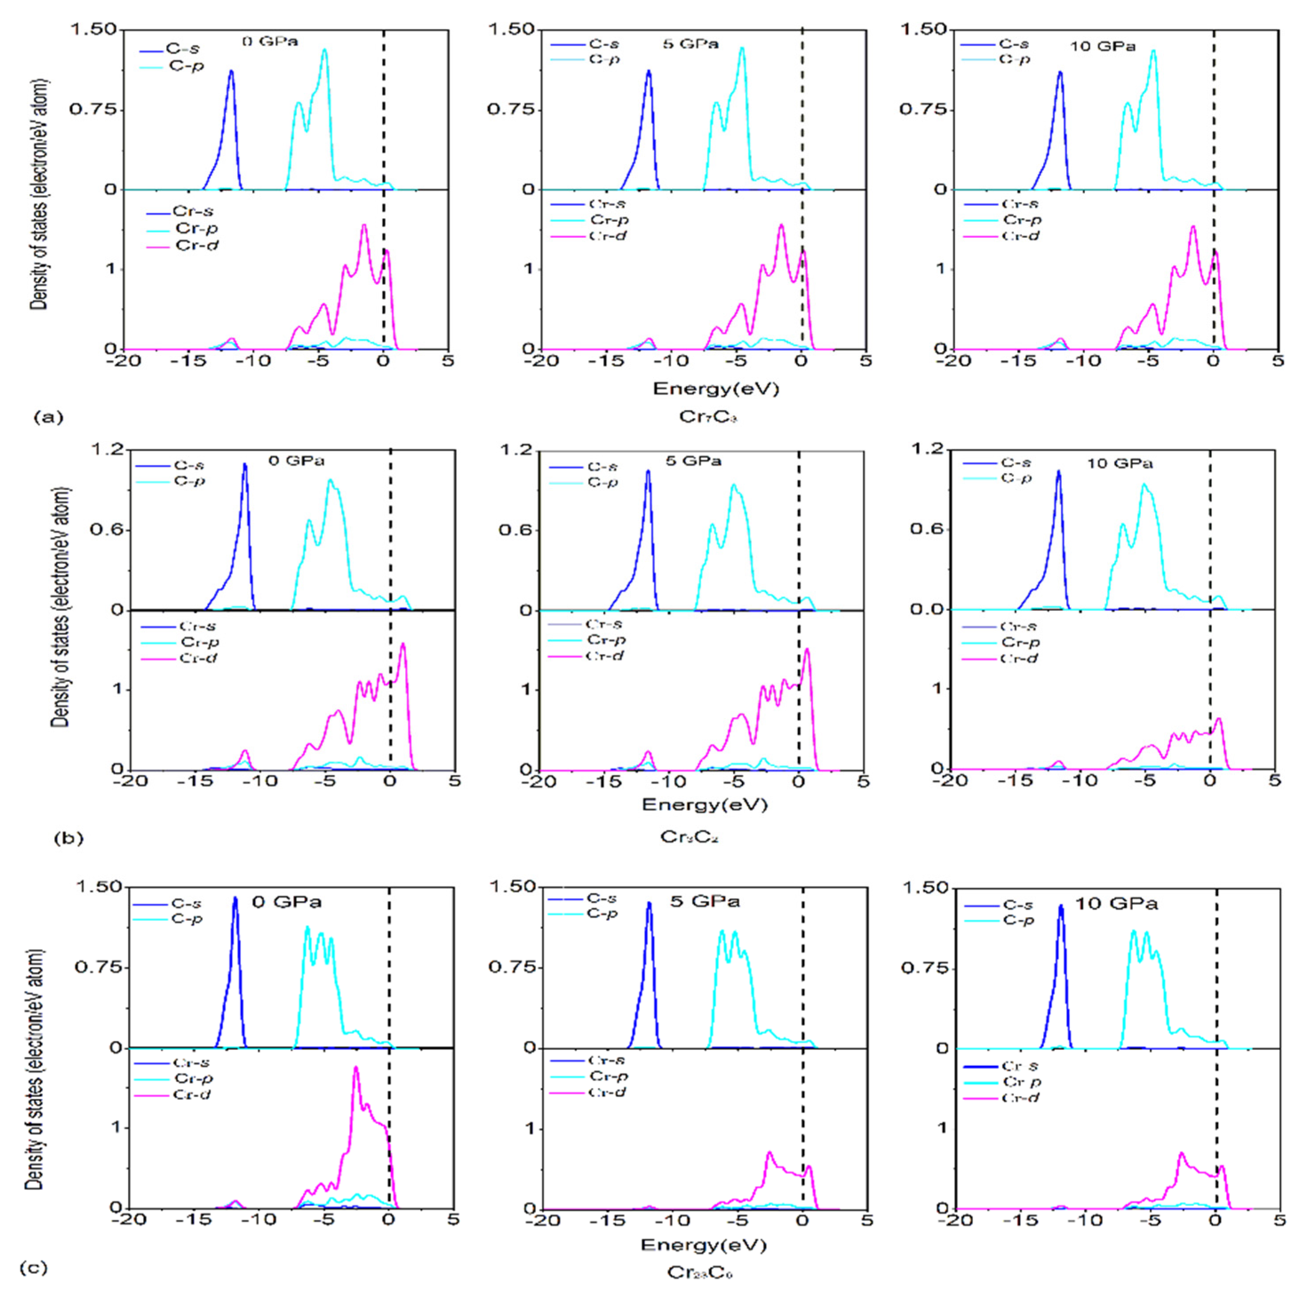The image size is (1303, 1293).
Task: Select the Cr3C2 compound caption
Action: click(689, 837)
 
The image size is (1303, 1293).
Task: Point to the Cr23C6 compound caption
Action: click(700, 1273)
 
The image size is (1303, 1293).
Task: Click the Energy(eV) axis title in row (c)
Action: click(703, 1245)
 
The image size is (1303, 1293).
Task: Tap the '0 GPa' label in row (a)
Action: click(270, 41)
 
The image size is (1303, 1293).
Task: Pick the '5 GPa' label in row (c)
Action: click(705, 902)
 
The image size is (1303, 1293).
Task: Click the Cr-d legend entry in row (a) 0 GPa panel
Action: click(197, 246)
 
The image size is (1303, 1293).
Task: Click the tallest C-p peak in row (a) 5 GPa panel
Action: click(742, 48)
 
